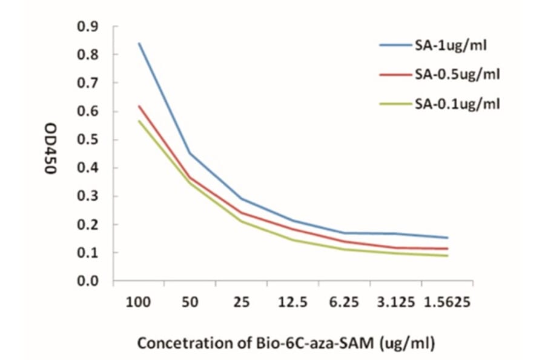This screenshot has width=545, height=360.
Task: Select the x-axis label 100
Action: [x=139, y=302]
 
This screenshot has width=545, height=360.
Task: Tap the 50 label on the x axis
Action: [x=190, y=302]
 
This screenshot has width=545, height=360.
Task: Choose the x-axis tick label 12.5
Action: [x=293, y=302]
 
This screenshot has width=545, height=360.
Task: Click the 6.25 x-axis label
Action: [x=345, y=302]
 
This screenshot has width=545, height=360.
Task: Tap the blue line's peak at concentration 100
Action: [x=139, y=43]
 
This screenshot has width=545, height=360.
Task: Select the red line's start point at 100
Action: [x=139, y=106]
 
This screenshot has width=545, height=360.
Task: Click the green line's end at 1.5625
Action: [x=448, y=256]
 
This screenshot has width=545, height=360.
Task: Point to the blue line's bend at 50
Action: [x=190, y=153]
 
